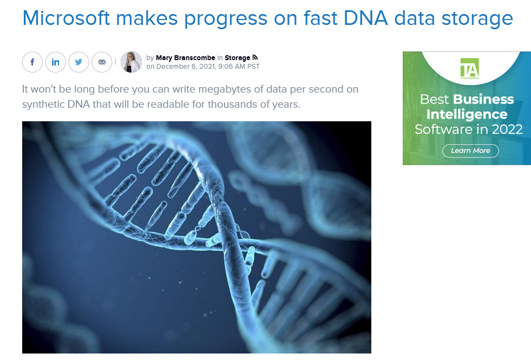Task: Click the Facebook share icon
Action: point(32,62)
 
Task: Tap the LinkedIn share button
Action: point(56,62)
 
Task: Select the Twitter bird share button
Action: point(78,62)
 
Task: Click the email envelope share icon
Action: point(102,62)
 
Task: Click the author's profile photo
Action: point(131,62)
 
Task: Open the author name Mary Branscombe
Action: point(185,58)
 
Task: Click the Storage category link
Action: point(238,58)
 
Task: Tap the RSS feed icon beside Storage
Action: point(255,57)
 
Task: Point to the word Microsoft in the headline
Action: point(67,18)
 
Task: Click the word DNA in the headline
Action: point(366,18)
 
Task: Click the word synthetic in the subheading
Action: point(43,104)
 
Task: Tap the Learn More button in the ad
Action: point(470,150)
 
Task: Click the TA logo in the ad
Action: point(470,68)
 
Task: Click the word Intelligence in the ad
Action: point(467,114)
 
